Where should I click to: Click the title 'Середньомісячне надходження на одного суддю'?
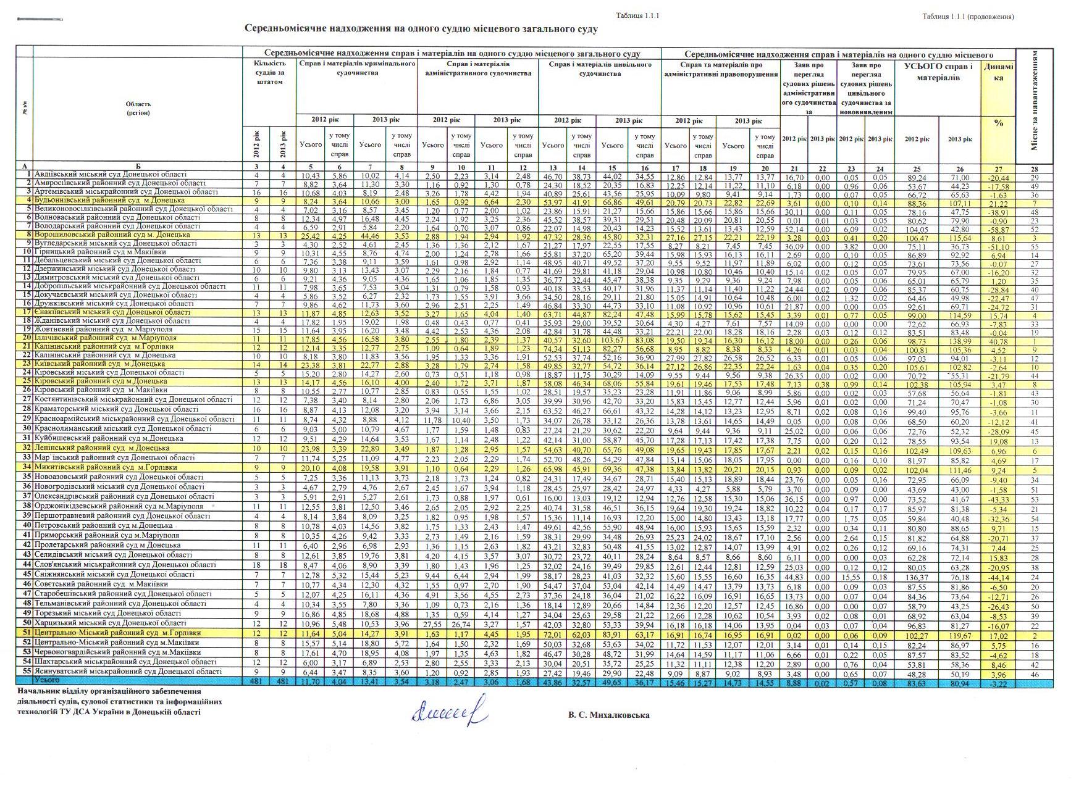421,29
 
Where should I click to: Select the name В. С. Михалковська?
609,715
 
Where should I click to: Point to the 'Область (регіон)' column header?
138,109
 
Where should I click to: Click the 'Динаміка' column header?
998,73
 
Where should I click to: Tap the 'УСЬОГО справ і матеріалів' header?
938,72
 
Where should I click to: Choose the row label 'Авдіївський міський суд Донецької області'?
111,175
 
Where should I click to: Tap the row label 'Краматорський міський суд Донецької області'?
116,409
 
